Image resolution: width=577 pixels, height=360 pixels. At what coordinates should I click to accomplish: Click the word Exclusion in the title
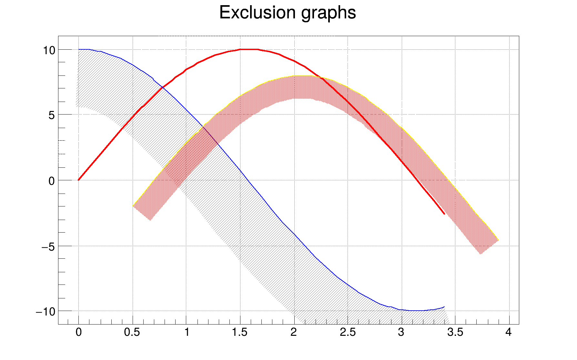click(x=257, y=13)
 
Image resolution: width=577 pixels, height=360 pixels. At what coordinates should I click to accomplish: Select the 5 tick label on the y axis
click(x=52, y=115)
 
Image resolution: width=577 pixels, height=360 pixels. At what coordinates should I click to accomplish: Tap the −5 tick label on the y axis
click(x=48, y=247)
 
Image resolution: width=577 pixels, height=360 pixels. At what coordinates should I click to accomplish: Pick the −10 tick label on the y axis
click(x=46, y=312)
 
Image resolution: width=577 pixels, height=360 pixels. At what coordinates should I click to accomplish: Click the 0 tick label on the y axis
click(x=52, y=181)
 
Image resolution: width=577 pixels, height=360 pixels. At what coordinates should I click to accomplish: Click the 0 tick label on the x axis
click(x=78, y=332)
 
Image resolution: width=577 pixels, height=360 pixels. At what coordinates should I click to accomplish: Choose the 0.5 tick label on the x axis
click(x=132, y=332)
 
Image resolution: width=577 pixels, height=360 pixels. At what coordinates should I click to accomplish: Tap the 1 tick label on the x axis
click(x=187, y=332)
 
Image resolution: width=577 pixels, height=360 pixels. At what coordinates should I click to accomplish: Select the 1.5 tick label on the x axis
click(x=240, y=332)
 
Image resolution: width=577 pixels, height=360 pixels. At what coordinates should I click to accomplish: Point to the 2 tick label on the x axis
click(x=294, y=332)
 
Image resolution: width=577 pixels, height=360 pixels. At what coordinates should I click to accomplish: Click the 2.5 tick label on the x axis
click(x=348, y=332)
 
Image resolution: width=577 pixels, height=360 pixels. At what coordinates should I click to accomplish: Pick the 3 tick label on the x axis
click(x=401, y=332)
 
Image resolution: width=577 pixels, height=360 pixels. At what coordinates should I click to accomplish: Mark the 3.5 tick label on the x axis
click(x=455, y=332)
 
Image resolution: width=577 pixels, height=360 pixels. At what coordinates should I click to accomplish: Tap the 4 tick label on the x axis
click(x=509, y=332)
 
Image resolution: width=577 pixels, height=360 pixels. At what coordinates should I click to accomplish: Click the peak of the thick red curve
click(x=248, y=49)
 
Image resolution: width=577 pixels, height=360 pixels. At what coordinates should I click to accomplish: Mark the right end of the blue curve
click(x=444, y=307)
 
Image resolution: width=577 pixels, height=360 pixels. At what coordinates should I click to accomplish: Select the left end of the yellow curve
click(x=133, y=206)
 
